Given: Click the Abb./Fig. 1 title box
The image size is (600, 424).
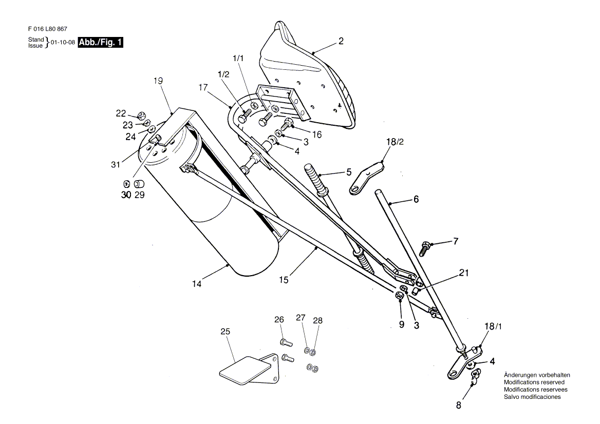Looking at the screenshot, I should (101, 43).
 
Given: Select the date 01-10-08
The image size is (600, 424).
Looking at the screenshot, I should (63, 43).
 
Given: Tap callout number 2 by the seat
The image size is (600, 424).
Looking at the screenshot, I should (341, 41).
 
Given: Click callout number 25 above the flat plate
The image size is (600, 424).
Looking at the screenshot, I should (225, 332).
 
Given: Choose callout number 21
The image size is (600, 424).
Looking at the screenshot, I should (464, 273).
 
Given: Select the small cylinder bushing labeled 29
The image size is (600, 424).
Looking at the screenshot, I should (139, 184).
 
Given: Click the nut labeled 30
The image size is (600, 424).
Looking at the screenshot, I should (126, 184).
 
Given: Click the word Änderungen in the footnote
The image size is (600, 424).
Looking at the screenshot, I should (520, 375).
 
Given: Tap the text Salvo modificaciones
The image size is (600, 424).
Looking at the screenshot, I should (532, 397).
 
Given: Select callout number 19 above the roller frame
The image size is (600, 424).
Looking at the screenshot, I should (158, 81).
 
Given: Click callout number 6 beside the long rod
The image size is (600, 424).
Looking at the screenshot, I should (416, 199).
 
